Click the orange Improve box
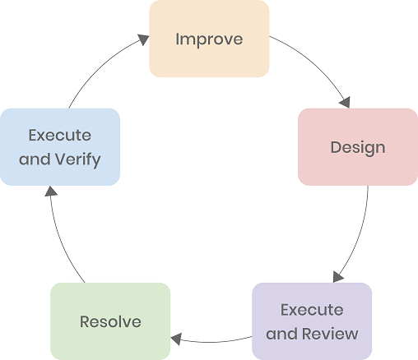point(209,39)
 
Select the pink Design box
point(358,147)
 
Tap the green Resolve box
point(110,321)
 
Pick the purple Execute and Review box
point(312,321)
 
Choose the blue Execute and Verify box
point(60,147)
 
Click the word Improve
point(209,39)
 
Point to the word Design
point(358,148)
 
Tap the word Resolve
point(110,321)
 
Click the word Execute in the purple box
point(312,310)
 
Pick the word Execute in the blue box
point(60,136)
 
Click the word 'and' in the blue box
point(35,159)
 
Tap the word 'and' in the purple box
point(282,334)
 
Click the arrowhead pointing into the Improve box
point(143,39)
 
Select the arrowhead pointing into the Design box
point(345,103)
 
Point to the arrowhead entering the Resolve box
point(176,339)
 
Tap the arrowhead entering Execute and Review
point(337,277)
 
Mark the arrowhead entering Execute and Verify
point(51,192)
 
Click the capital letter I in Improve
point(177,39)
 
